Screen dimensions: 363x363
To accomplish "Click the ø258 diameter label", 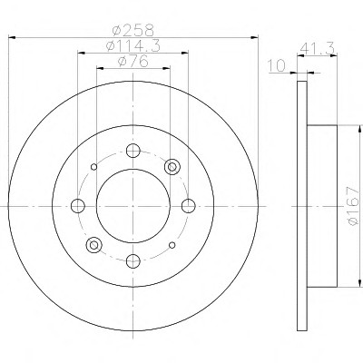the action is point(132,30).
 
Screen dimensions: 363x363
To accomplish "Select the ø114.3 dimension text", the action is point(132,45).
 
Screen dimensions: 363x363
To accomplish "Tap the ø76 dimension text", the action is point(132,62).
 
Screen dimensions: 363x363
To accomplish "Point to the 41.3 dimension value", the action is point(317,48).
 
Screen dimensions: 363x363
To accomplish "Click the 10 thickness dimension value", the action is point(276,66).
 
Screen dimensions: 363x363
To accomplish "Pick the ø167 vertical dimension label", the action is point(352,206).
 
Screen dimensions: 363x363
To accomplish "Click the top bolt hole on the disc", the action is point(133,151).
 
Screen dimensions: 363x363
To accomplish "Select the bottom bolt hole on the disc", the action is point(133,261).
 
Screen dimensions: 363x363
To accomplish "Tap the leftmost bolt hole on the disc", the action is point(78,206).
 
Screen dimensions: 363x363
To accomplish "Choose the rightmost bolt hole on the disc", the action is point(189,206).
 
